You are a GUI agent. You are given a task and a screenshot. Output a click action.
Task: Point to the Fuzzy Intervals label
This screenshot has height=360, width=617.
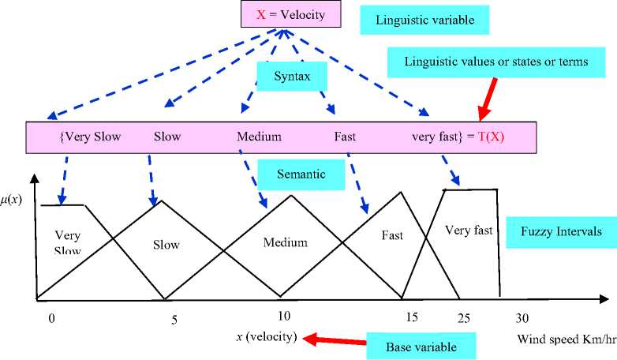561,232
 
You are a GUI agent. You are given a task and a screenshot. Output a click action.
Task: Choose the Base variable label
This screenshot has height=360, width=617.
421,347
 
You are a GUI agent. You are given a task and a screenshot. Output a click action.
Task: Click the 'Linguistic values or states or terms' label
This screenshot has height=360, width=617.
495,62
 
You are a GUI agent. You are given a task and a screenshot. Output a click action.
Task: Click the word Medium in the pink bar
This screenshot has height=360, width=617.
259,137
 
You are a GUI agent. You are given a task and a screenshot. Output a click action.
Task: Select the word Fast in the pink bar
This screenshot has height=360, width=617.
345,137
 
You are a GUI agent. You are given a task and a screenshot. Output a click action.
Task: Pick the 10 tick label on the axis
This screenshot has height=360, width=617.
285,316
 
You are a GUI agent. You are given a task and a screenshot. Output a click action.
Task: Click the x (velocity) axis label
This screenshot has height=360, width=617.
267,337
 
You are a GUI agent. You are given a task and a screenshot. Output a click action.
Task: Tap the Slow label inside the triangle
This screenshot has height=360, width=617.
166,245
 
